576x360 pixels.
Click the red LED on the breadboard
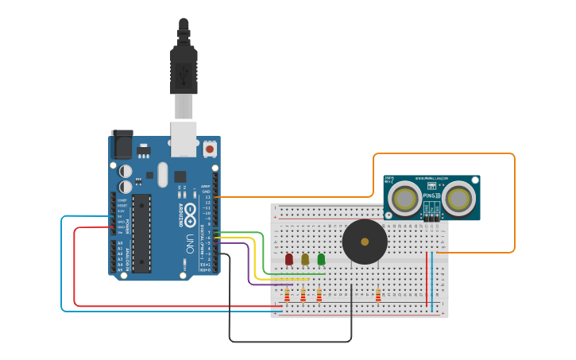(288, 259)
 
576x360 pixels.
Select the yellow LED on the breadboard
(305, 259)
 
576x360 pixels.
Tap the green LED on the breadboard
(321, 259)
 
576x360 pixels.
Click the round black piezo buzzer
(365, 242)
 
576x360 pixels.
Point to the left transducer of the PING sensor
(405, 199)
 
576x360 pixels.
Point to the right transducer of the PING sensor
(458, 199)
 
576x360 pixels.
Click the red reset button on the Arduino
(210, 148)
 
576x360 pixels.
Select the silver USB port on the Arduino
(184, 138)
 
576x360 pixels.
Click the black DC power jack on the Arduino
(122, 145)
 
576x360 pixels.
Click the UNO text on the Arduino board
(189, 242)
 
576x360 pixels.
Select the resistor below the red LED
(287, 296)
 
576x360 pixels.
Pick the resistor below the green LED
(319, 296)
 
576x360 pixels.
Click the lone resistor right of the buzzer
(378, 295)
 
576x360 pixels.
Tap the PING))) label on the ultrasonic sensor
(432, 206)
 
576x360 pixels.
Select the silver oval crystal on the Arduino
(163, 174)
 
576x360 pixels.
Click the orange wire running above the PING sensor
(445, 153)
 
